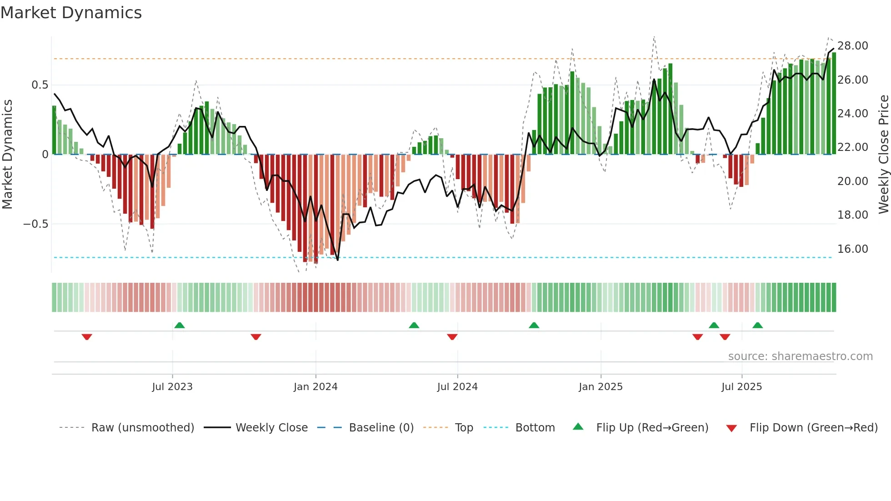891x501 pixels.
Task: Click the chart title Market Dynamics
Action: click(71, 13)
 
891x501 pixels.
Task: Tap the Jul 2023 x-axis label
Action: click(172, 387)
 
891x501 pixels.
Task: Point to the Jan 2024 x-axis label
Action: click(315, 387)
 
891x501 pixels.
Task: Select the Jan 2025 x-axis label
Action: click(601, 387)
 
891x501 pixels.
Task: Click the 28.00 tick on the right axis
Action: click(852, 46)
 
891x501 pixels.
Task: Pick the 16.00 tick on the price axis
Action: click(852, 249)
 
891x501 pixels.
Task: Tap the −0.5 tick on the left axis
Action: click(35, 224)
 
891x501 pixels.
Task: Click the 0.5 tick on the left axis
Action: click(40, 85)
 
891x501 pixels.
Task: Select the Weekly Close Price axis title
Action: click(883, 155)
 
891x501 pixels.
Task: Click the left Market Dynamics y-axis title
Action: click(7, 155)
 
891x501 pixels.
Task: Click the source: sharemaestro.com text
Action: click(800, 356)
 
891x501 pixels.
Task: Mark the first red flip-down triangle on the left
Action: click(87, 337)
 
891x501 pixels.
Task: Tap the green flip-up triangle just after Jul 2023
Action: click(180, 325)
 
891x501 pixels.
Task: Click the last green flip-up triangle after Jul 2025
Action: click(757, 325)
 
